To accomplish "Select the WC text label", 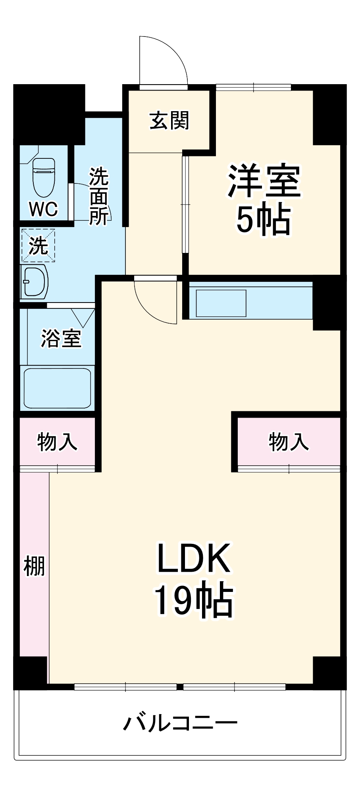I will [43, 209].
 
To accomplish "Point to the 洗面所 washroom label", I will [98, 196].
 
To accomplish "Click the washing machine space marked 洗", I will [38, 246].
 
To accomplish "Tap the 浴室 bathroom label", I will [61, 338].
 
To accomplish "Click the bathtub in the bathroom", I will [58, 388].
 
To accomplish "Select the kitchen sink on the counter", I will [221, 303].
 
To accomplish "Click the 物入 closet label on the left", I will [57, 441].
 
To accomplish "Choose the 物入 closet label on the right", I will [289, 441].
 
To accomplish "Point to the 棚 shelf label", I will [34, 566].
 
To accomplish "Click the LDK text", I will [194, 558].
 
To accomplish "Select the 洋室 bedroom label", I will [264, 181].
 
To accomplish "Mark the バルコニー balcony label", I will [180, 723].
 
